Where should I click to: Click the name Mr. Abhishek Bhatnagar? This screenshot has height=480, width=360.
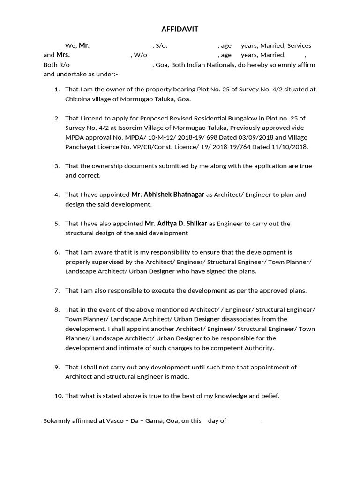click(168, 195)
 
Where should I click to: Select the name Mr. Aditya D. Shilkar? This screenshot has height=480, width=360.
click(176, 224)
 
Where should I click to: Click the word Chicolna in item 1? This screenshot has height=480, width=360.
click(78, 99)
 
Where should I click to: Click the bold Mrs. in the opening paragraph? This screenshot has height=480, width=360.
click(63, 55)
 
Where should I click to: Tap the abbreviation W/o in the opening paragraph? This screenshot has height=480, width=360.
click(140, 55)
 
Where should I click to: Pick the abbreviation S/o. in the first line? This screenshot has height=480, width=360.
click(161, 46)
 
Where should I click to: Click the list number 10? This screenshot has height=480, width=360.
click(59, 396)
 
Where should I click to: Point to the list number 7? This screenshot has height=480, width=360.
click(57, 291)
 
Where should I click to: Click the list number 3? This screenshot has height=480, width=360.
click(57, 166)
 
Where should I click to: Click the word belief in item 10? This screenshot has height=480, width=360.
click(270, 396)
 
